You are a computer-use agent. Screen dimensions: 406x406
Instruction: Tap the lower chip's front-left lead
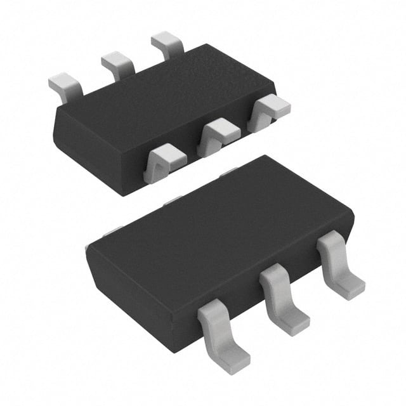coord(222,333)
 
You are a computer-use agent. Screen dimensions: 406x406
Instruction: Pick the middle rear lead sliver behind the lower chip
coord(171,202)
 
